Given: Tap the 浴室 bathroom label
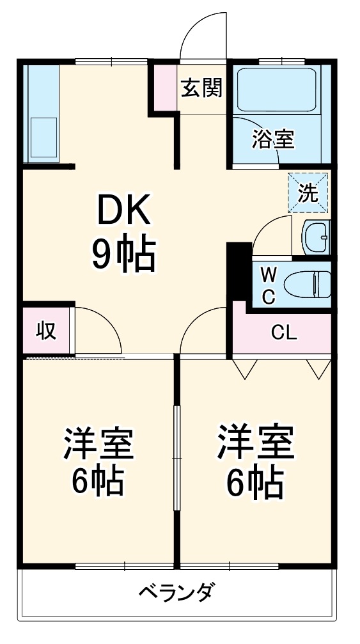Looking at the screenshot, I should coord(273,139).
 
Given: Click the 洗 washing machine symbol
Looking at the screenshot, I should coord(309,193).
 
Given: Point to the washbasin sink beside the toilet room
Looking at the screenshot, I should coord(315,238).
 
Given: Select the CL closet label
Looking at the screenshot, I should coord(283,332).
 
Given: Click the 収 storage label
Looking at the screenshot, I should coord(45,331).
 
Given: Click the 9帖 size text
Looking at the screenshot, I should coord(124,255).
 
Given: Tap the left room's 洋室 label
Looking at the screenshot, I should coord(97,444).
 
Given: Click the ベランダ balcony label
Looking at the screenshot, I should coord(176,591).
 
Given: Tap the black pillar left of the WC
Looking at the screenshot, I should coord(239,269).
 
